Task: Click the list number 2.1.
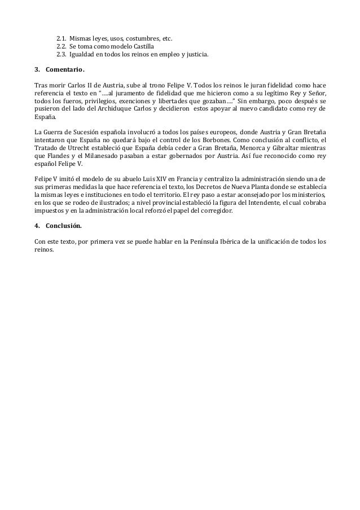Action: (61, 38)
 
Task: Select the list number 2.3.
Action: (61, 55)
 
